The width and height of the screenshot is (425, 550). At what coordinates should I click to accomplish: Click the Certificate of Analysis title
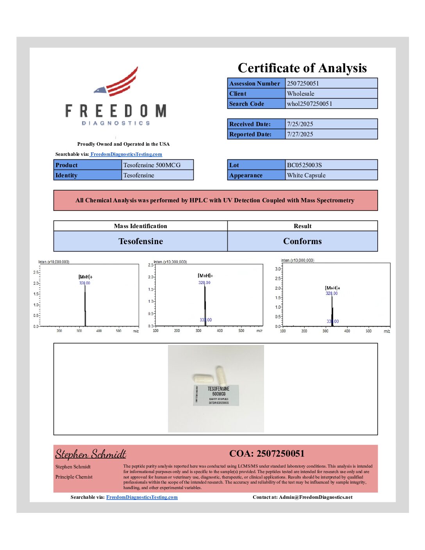[x=302, y=68]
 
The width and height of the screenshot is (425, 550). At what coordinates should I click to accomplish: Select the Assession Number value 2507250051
[x=303, y=83]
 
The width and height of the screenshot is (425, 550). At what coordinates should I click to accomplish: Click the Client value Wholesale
[x=300, y=93]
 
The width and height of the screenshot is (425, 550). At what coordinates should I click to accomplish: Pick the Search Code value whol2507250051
[x=309, y=104]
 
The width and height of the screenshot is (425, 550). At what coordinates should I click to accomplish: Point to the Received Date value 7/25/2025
[x=300, y=124]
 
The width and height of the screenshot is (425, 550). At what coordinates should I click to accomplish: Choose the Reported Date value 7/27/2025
[x=300, y=134]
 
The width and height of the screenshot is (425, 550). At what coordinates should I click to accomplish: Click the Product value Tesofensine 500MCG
[x=152, y=165]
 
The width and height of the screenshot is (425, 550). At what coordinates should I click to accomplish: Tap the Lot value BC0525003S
[x=304, y=165]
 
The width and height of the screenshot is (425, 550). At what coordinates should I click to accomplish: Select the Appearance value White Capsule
[x=306, y=175]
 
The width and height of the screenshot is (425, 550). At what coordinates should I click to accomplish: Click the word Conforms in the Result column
[x=302, y=241]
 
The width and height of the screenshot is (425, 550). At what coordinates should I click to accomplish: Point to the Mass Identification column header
[x=140, y=226]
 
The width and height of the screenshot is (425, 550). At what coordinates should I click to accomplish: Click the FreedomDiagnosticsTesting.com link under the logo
[x=126, y=154]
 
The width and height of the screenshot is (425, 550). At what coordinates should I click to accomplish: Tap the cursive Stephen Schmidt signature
[x=91, y=454]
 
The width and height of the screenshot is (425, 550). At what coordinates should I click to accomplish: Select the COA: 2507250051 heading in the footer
[x=267, y=454]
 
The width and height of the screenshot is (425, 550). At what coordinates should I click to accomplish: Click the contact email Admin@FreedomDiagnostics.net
[x=316, y=497]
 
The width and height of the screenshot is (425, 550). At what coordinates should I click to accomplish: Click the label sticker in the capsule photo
[x=216, y=395]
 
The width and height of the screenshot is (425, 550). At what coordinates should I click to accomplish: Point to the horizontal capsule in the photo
[x=204, y=379]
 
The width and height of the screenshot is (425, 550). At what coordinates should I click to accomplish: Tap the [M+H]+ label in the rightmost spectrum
[x=332, y=288]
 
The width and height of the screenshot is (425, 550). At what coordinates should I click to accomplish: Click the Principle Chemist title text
[x=74, y=477]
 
